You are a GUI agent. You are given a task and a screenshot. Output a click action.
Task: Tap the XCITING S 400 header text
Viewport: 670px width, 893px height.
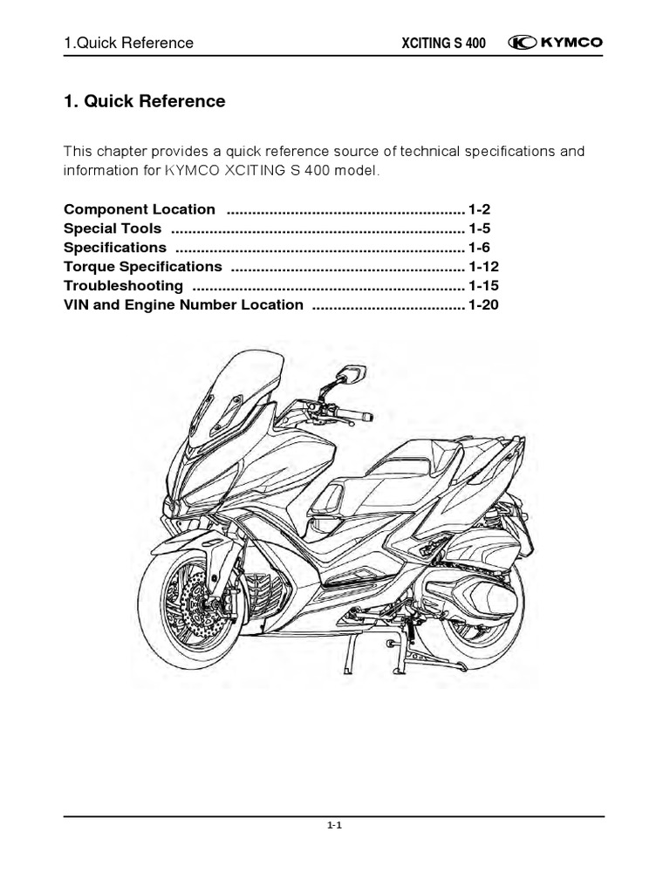tap(442, 44)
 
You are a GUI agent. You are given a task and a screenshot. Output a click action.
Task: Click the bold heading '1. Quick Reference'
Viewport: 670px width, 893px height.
tap(145, 101)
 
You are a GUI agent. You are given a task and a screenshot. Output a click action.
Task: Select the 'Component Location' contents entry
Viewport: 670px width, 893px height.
tap(140, 209)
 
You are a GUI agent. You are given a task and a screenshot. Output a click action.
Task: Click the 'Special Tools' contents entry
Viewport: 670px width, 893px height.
tap(113, 228)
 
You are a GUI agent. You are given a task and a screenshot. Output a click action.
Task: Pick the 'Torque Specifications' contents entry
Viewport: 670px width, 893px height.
tap(143, 266)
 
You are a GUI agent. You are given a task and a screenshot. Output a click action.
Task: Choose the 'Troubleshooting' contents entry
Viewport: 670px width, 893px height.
tap(123, 285)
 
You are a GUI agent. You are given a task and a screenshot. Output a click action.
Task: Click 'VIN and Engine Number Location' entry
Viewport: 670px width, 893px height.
tap(183, 304)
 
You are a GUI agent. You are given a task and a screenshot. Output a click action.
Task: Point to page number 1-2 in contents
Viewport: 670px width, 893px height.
tap(480, 209)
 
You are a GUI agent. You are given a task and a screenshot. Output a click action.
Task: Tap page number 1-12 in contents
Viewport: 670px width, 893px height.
tap(483, 266)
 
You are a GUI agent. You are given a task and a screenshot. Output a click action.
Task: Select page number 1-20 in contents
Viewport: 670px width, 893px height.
tap(483, 304)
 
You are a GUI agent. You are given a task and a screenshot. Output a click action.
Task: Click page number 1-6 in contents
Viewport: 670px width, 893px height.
tap(480, 248)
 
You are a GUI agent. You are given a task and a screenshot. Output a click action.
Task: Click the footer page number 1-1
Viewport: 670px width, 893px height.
tap(335, 829)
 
